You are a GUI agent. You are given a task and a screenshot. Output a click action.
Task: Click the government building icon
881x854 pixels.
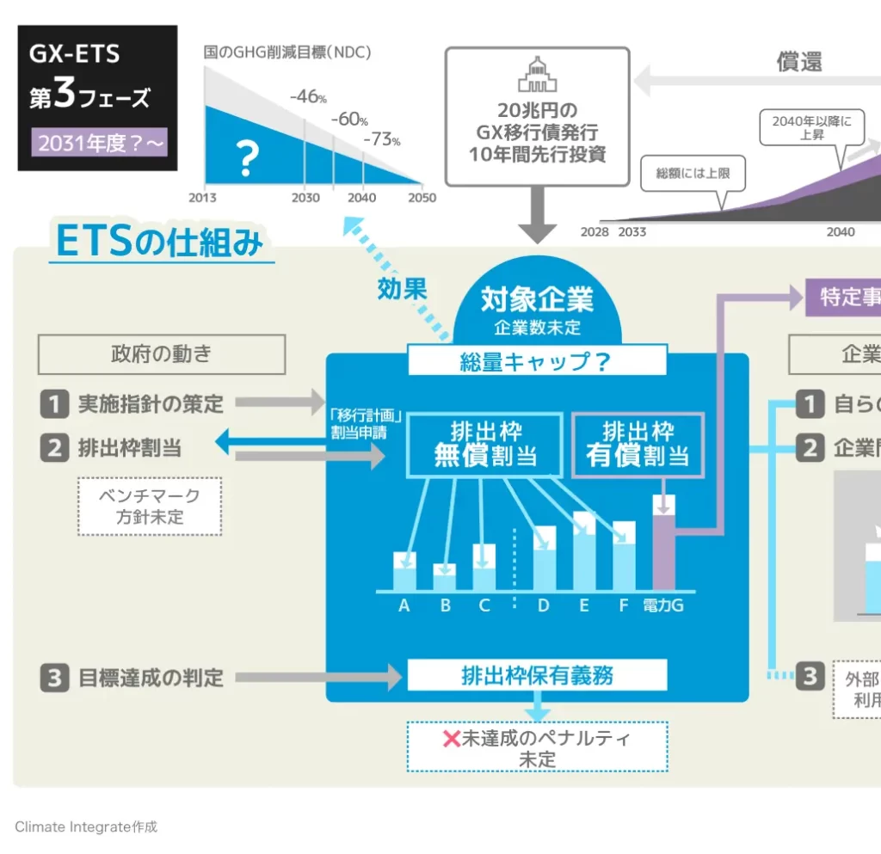(x=537, y=75)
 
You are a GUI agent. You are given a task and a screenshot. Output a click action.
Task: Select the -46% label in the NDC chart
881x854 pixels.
(x=308, y=97)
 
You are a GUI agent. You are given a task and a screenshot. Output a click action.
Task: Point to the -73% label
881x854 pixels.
(x=382, y=139)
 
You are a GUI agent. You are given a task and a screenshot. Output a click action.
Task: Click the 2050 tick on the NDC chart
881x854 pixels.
(x=420, y=198)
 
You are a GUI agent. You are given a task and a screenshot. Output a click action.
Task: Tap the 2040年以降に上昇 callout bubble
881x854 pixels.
(x=811, y=127)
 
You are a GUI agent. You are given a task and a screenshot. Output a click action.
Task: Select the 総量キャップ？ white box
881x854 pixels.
(x=536, y=361)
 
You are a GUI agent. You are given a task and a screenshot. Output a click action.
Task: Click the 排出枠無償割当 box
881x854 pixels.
(x=485, y=444)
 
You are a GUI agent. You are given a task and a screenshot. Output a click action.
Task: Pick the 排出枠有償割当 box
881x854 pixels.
(x=638, y=444)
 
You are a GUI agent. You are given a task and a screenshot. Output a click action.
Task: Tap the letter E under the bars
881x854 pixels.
(x=584, y=605)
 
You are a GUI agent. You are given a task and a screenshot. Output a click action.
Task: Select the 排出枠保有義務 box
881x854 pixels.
(x=537, y=675)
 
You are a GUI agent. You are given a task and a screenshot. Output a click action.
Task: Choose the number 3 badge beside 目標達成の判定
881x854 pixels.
(x=53, y=678)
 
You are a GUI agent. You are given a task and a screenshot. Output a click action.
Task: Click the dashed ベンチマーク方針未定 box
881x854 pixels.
(x=150, y=507)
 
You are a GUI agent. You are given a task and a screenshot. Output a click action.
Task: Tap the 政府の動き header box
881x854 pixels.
(x=161, y=354)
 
